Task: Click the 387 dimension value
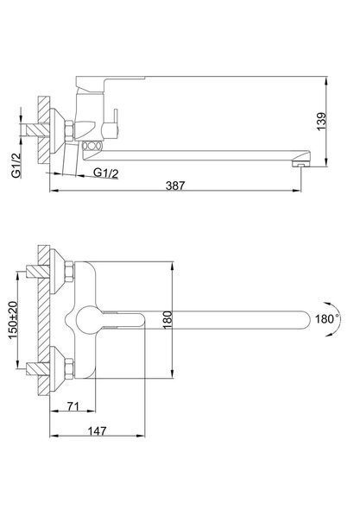coord(175,185)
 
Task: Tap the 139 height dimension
coord(321,122)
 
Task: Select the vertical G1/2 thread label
coord(16,165)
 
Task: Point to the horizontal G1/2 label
coord(106,173)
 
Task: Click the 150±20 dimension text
coord(13,320)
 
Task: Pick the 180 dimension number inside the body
coord(167,320)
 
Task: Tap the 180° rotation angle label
coord(327,319)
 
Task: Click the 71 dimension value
coord(73,405)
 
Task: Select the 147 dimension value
coord(98,430)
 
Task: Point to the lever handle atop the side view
coord(111,79)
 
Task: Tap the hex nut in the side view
coord(70,131)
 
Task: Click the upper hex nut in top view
coord(70,271)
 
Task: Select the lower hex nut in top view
coord(70,368)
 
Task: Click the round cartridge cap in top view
coord(89,320)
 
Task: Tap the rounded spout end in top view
coord(303,320)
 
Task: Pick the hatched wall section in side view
coord(44,130)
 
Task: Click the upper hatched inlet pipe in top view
coord(38,271)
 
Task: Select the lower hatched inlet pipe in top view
coord(38,368)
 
